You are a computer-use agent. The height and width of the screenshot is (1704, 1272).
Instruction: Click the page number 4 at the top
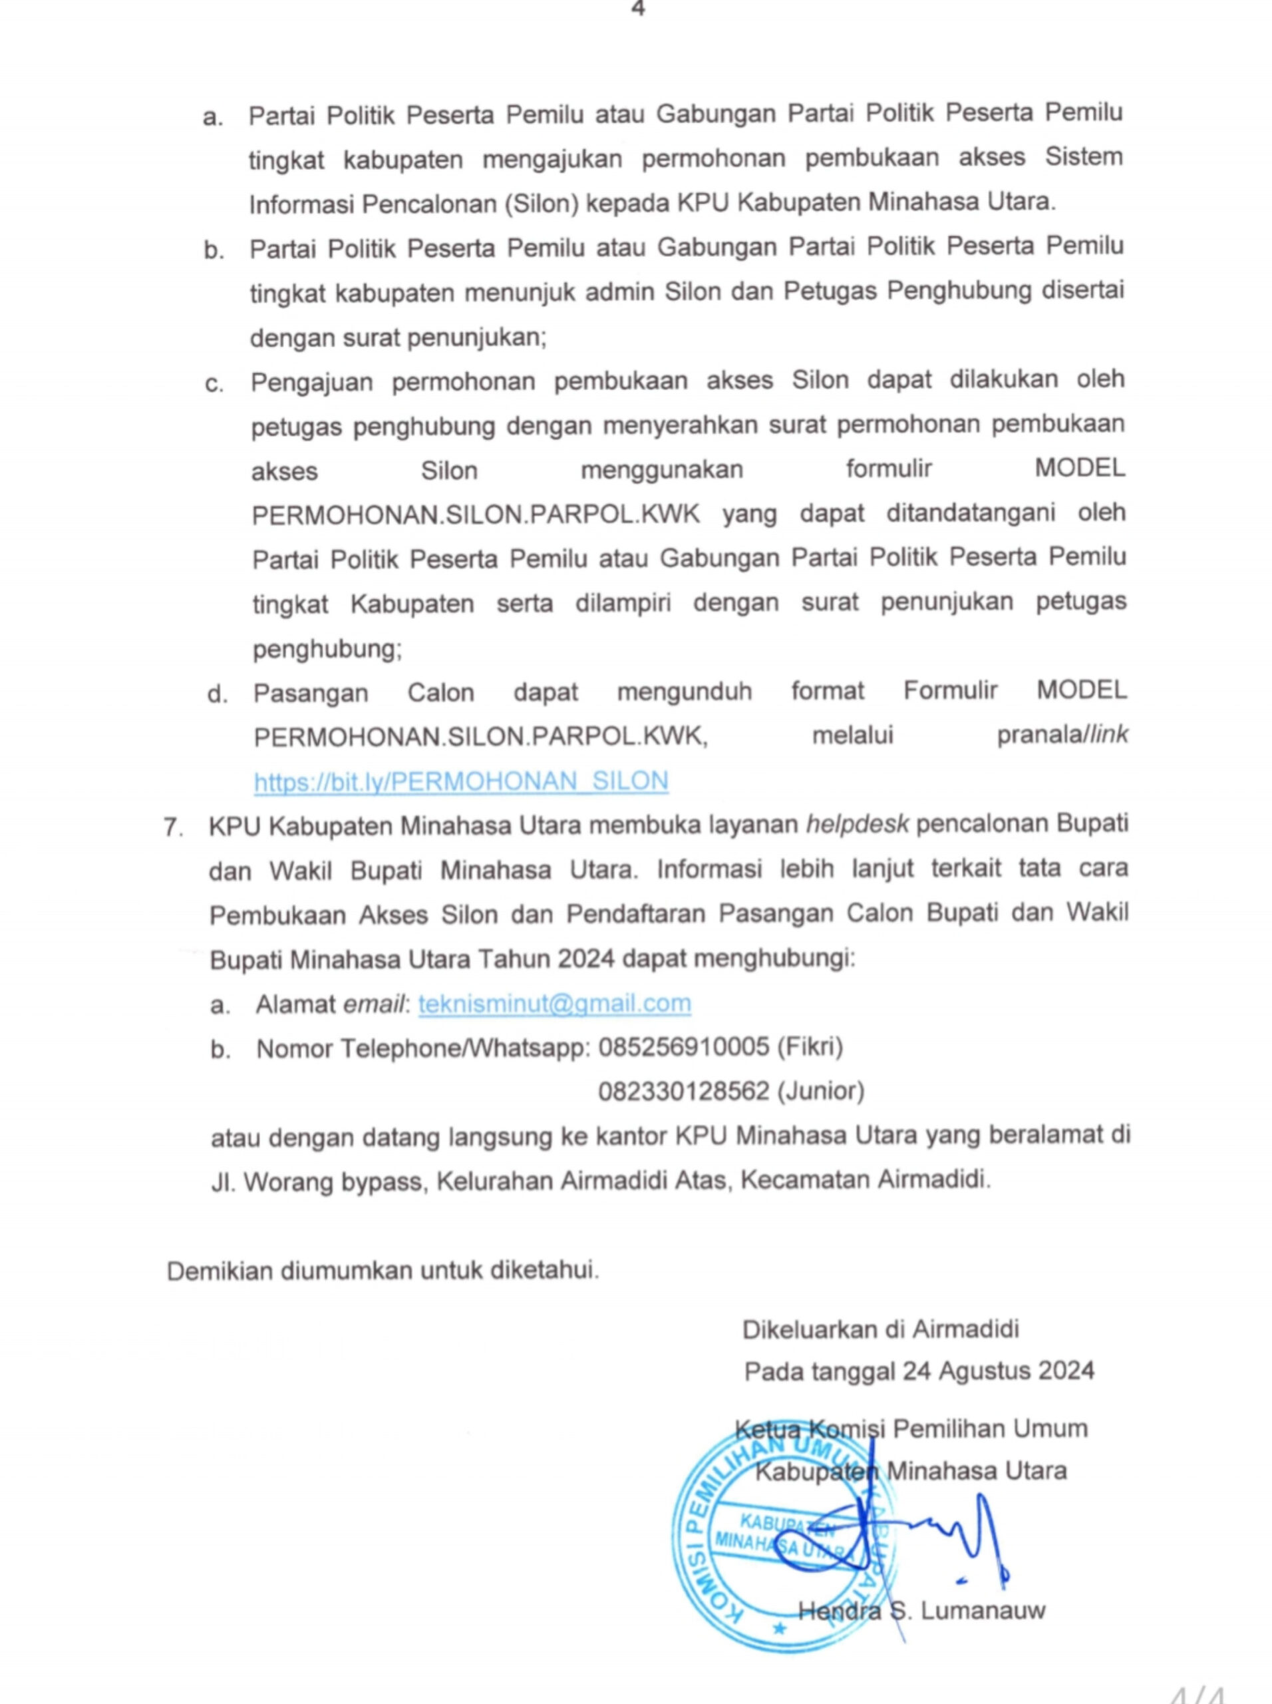[637, 9]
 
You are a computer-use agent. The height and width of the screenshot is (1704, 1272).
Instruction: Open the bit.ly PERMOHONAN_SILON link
[460, 781]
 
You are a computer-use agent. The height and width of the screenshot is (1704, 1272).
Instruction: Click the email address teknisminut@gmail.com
[554, 1003]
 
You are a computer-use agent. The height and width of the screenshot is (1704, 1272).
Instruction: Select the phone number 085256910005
[684, 1047]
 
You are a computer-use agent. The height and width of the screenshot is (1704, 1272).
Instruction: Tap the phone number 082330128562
[684, 1091]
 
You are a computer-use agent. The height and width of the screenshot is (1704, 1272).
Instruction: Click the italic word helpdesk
[857, 824]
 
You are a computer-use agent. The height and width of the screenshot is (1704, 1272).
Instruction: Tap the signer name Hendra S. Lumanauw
[921, 1609]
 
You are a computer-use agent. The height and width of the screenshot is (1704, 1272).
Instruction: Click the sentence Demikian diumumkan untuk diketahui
[383, 1270]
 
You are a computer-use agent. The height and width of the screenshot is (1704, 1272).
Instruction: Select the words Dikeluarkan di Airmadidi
[880, 1329]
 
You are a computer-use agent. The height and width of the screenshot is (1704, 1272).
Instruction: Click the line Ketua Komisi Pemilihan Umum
[911, 1429]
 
